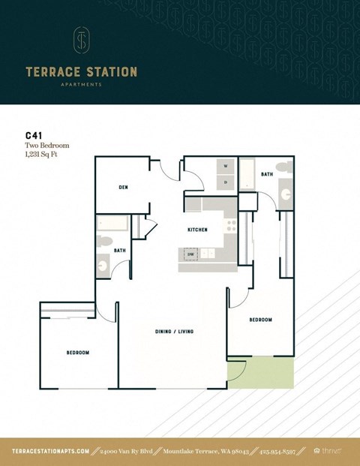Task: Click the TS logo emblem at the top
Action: [81, 41]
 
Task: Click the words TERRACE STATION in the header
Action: [81, 73]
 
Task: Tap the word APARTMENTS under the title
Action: [81, 85]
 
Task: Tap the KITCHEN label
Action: [197, 230]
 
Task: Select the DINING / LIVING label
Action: [173, 330]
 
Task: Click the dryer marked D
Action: [226, 182]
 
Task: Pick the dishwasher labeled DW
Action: [191, 254]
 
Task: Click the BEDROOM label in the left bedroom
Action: [77, 353]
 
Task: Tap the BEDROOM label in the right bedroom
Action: [260, 320]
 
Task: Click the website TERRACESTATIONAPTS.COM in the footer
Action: [51, 451]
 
